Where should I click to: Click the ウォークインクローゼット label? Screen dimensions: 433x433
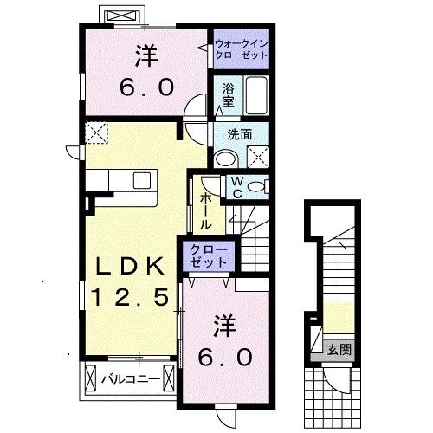[240, 47]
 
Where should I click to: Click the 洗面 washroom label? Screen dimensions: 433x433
[240, 134]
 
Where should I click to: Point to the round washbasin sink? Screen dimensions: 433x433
[226, 157]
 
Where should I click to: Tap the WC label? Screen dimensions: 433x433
[236, 188]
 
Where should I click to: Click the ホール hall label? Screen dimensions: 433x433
[207, 210]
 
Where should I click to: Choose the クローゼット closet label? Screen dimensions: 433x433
[208, 257]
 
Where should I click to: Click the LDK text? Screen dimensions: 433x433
[130, 264]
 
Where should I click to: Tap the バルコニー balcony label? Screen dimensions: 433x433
[127, 378]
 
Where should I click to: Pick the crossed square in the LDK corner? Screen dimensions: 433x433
[96, 132]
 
